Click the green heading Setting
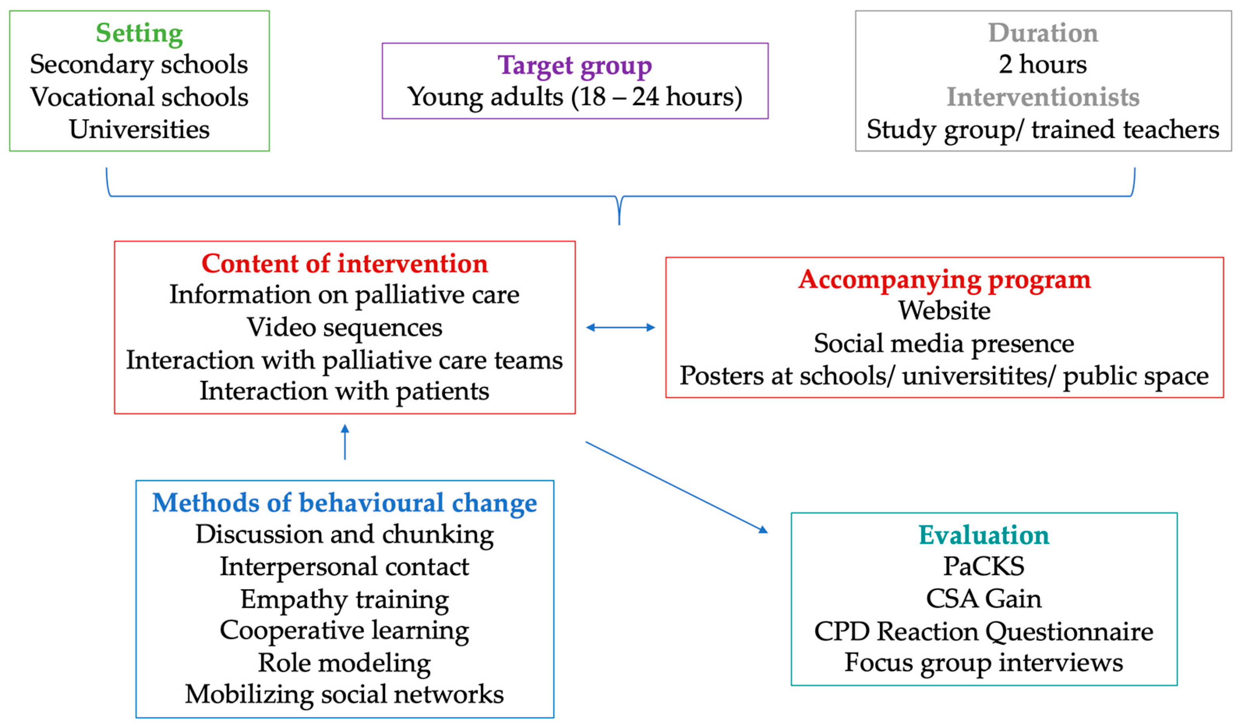click(x=139, y=34)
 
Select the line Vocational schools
click(x=139, y=97)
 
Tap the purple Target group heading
click(x=574, y=65)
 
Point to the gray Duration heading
click(x=1043, y=33)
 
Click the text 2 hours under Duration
click(x=1043, y=64)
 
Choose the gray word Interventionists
click(x=1043, y=97)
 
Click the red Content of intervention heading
click(x=344, y=264)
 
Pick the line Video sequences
click(x=344, y=327)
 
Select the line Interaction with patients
click(x=344, y=391)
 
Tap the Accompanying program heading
click(x=944, y=279)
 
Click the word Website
click(x=944, y=311)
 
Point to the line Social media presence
click(x=944, y=343)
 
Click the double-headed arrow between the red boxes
click(x=621, y=327)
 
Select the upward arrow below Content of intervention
click(x=345, y=442)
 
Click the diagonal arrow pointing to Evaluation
click(x=677, y=486)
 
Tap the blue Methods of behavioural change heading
click(x=344, y=503)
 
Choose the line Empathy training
click(x=344, y=599)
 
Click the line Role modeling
click(x=344, y=663)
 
